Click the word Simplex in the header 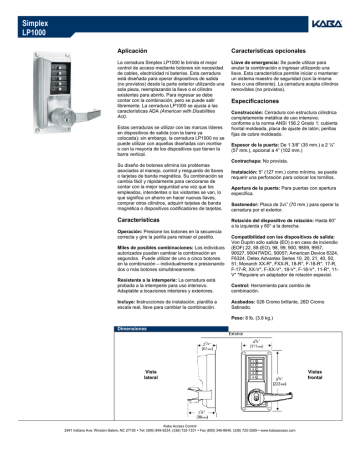point(33,18)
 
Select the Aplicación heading point(134,48)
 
